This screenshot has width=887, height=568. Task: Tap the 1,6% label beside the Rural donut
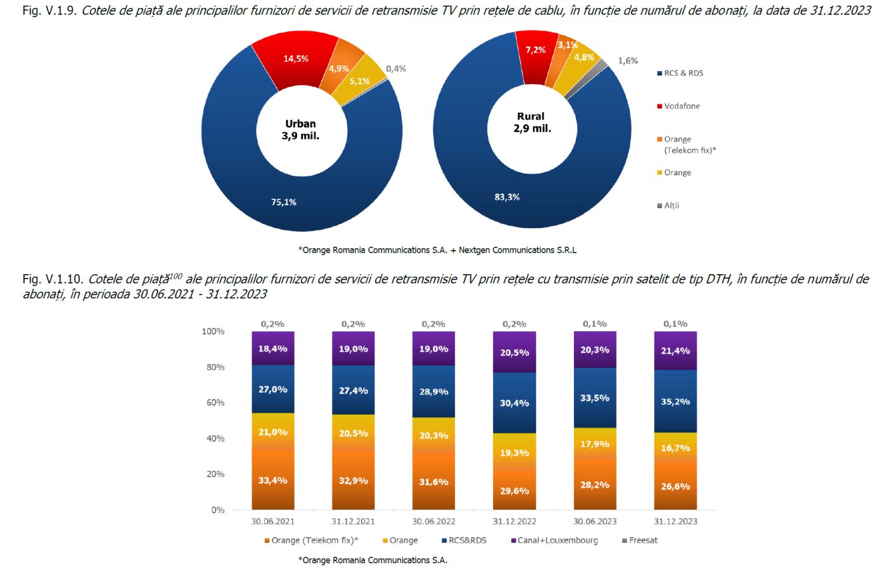point(628,61)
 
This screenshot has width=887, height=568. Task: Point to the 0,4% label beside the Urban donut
point(396,68)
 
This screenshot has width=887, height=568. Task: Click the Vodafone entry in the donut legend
point(682,106)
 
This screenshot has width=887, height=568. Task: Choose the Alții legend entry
point(671,205)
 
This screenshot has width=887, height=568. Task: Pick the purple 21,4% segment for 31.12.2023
point(675,351)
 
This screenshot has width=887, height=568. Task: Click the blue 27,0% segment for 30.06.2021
point(272,389)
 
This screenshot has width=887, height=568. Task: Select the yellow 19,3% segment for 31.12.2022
point(514,453)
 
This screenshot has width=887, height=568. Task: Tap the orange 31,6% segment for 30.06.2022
point(433,482)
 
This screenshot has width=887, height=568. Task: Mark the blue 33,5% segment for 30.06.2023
point(595,398)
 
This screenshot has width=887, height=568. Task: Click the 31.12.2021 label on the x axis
point(353,521)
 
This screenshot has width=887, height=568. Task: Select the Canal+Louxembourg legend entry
point(557,540)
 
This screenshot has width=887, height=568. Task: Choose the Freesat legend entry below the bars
point(642,540)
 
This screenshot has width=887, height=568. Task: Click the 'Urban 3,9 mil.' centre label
point(301,130)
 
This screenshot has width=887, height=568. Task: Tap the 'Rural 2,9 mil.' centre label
point(532,122)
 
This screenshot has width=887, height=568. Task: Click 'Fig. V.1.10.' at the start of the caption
point(53,279)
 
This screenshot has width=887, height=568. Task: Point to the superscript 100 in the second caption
point(175,275)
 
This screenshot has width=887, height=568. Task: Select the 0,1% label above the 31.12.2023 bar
point(675,324)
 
